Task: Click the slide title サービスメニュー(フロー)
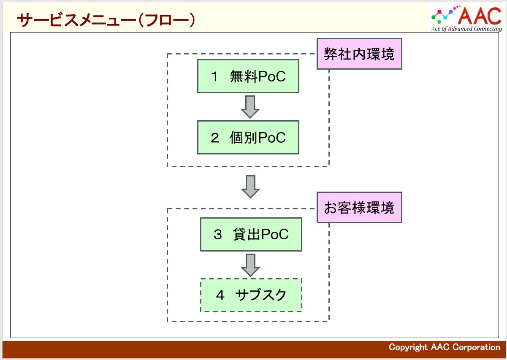click(106, 20)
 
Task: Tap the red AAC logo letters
click(480, 16)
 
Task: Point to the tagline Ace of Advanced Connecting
click(466, 29)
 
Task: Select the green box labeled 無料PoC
click(248, 76)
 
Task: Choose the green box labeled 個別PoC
click(248, 137)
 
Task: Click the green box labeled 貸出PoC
click(251, 234)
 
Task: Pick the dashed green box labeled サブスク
click(251, 295)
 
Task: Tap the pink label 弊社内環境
click(359, 54)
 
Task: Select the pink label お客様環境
click(359, 208)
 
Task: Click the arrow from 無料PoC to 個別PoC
click(250, 107)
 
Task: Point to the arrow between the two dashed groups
click(250, 187)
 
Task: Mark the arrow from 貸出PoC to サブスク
click(250, 265)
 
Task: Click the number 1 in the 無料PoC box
click(214, 76)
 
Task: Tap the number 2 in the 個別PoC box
click(215, 138)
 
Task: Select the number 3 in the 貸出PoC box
click(218, 234)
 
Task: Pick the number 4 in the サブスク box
click(220, 295)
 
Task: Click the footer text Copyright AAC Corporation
click(444, 347)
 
